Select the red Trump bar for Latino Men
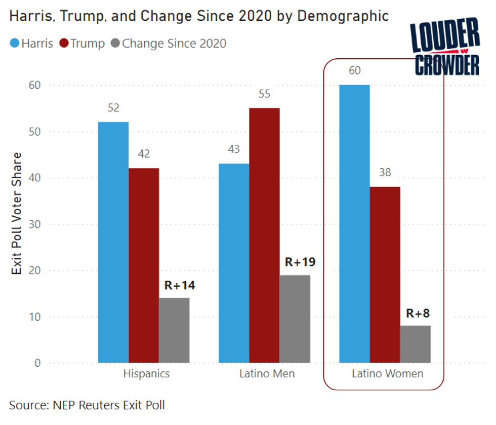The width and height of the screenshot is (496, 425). point(264,236)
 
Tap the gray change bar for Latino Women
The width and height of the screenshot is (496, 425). point(415,344)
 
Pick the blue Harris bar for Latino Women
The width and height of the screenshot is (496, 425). point(354,223)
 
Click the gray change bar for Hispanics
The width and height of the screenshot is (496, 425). point(174,330)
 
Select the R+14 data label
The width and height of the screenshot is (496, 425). point(180,285)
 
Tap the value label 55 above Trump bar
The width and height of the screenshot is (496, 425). point(264,94)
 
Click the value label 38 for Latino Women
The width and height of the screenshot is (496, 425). point(385,173)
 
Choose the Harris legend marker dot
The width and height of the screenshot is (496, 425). point(14,44)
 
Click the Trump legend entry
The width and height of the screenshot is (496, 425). point(82,44)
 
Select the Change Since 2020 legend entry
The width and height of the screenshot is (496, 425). point(168,44)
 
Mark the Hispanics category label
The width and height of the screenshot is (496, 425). point(146,374)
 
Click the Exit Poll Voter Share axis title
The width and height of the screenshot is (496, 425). point(17,213)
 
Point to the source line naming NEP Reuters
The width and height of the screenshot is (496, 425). point(87,405)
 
